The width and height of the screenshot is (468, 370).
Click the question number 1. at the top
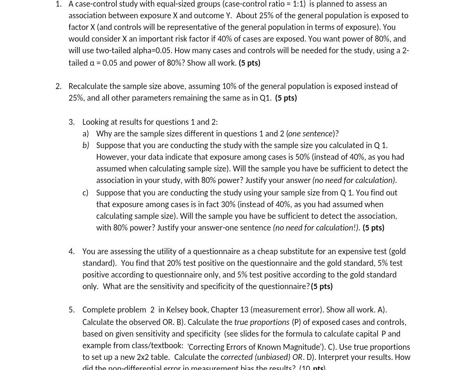[58, 4]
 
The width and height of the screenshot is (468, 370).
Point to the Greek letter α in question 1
[92, 63]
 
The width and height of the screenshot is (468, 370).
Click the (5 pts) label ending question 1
[249, 63]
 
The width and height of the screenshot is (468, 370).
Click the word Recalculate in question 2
[88, 86]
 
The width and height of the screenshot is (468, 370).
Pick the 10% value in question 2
[229, 86]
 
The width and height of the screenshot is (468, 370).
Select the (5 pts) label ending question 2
[286, 98]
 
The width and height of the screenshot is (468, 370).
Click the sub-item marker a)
[86, 134]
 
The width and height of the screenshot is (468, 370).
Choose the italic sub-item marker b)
[86, 145]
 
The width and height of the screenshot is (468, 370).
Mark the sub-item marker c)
[85, 193]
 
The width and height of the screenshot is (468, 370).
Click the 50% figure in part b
[302, 157]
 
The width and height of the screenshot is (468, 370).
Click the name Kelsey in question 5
[177, 310]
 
